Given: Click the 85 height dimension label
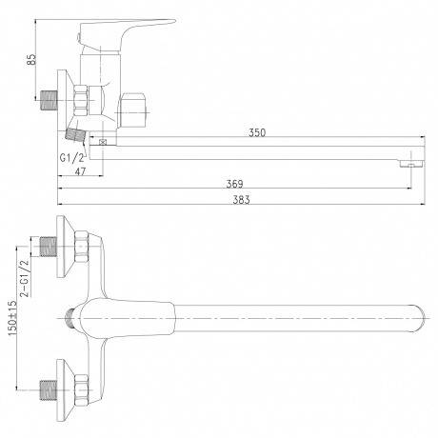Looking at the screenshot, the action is pyautogui.click(x=31, y=60).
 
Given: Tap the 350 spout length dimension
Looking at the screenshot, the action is pyautogui.click(x=257, y=132).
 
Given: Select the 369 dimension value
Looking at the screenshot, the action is pyautogui.click(x=234, y=184).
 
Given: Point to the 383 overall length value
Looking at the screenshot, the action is pyautogui.click(x=241, y=200).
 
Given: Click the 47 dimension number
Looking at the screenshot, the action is pyautogui.click(x=80, y=171).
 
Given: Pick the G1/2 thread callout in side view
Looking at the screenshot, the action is pyautogui.click(x=71, y=157).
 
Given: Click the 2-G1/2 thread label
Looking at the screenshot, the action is pyautogui.click(x=25, y=278).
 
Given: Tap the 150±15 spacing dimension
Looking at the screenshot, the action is pyautogui.click(x=12, y=318).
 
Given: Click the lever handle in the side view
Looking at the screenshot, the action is pyautogui.click(x=127, y=33).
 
